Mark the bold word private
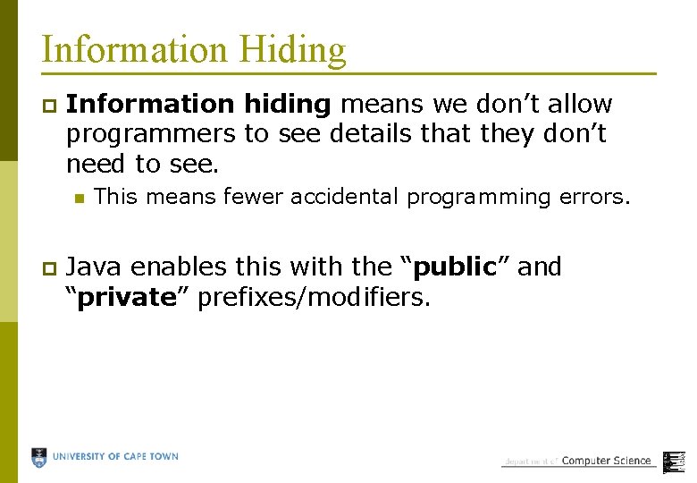point(127,297)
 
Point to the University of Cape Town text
point(115,457)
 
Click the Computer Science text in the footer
point(606,461)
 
